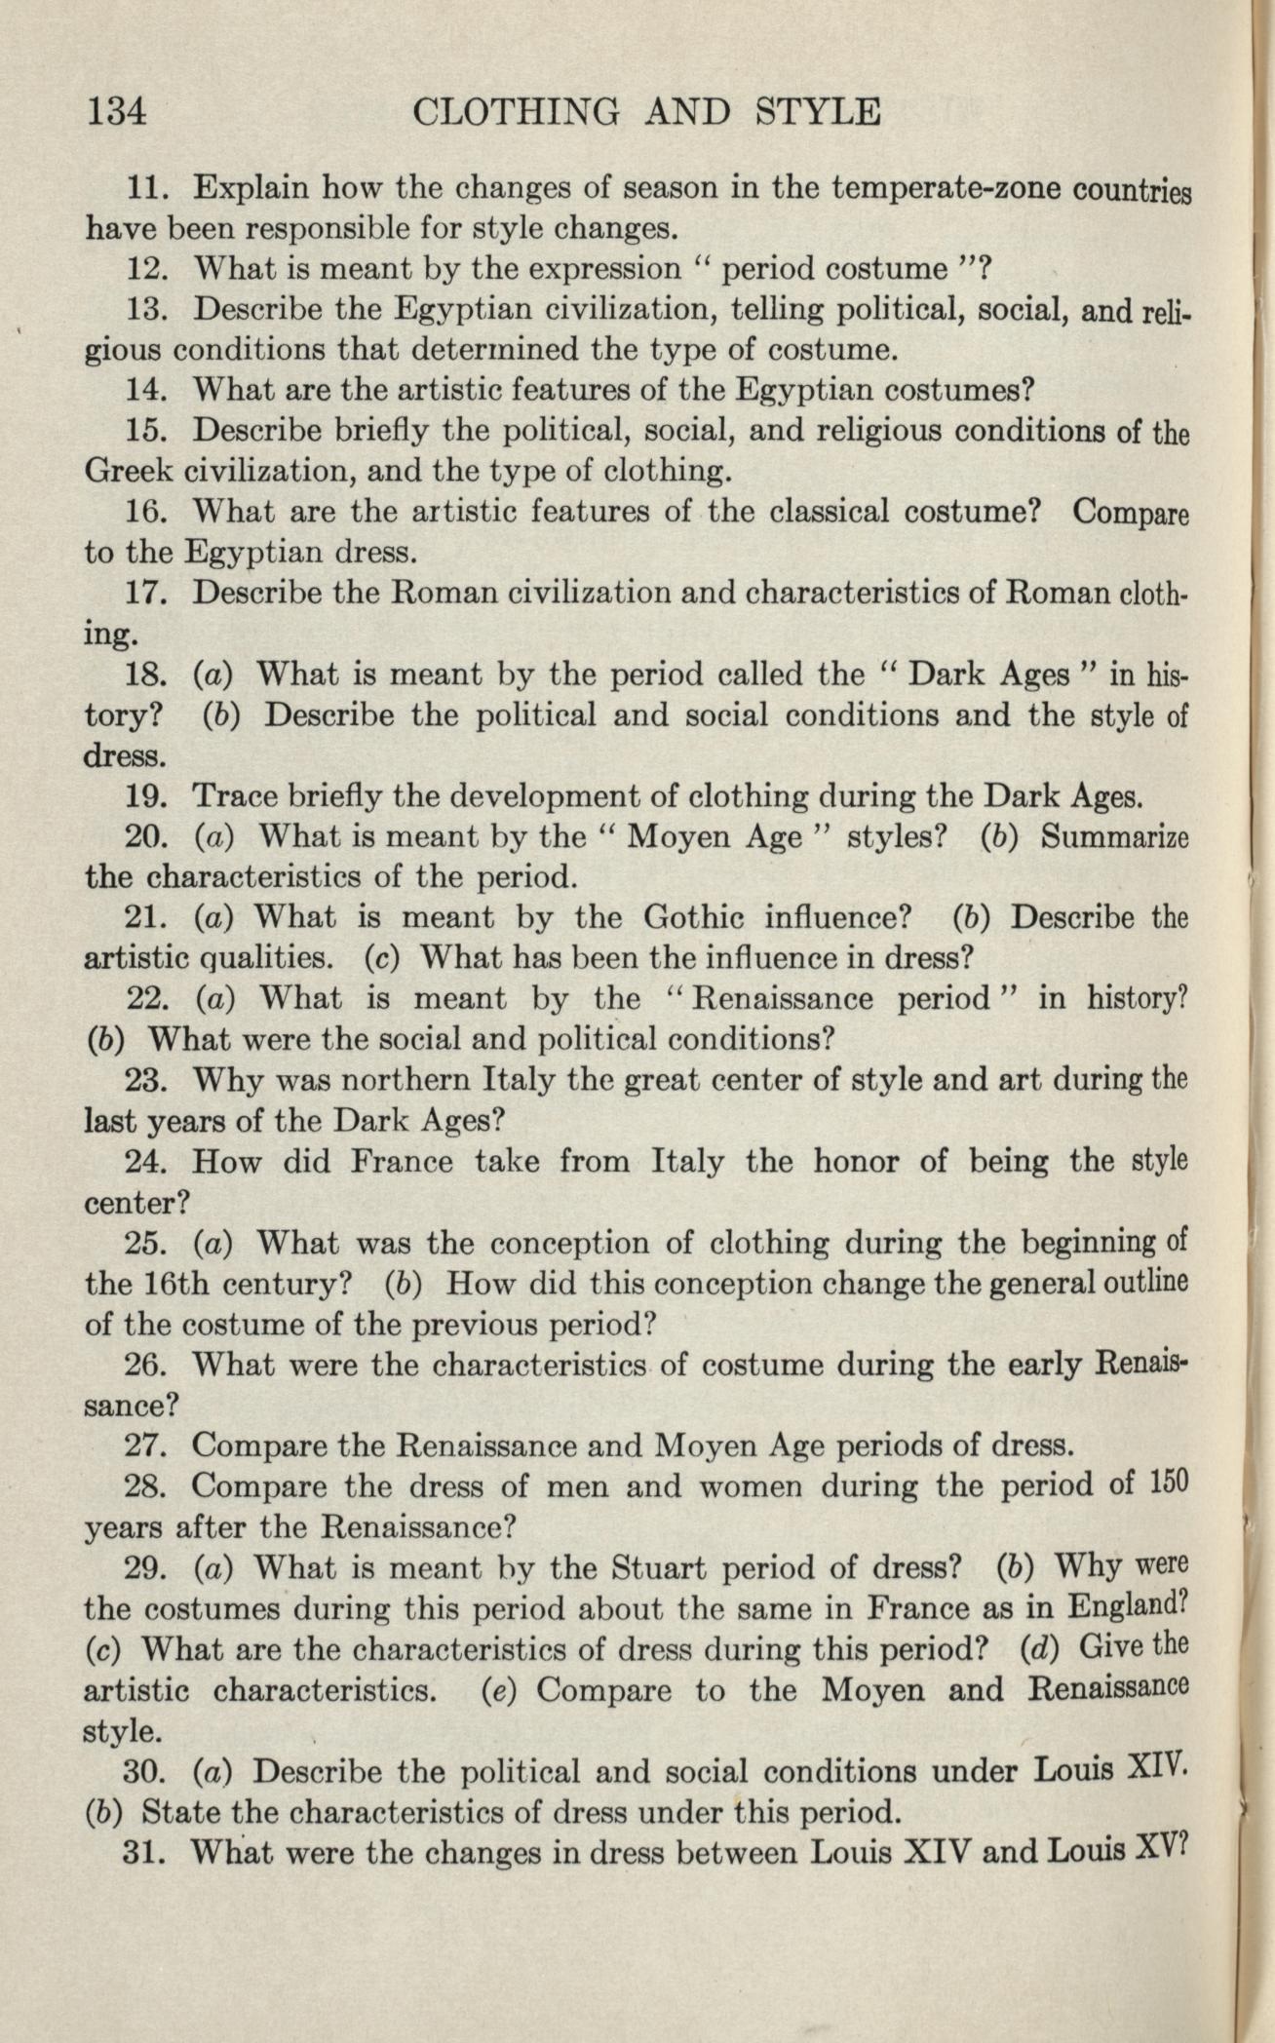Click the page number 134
pyautogui.click(x=117, y=111)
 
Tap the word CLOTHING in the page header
pyautogui.click(x=516, y=111)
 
